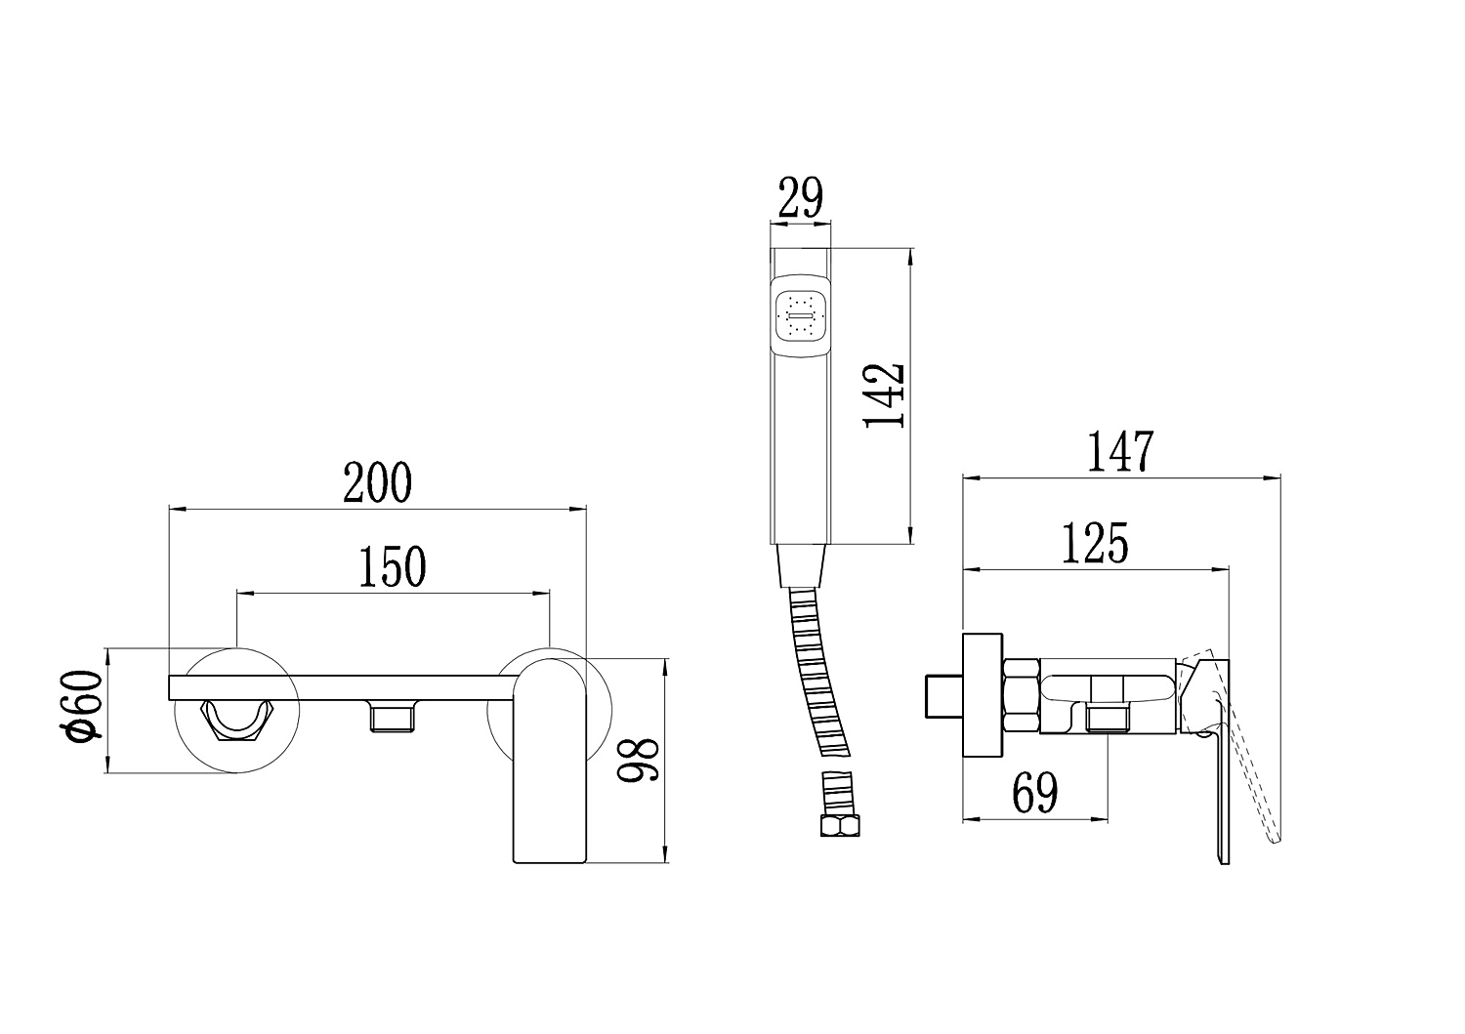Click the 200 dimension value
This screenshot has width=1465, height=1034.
click(377, 482)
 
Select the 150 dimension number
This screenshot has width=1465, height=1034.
click(393, 566)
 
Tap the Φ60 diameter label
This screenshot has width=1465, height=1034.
click(86, 707)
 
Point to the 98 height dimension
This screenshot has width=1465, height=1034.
click(639, 761)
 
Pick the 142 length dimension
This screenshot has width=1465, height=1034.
click(884, 395)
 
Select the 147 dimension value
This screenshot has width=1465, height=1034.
click(1120, 451)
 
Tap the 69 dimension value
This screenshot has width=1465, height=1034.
click(1034, 793)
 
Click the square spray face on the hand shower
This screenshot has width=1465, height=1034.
click(801, 316)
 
